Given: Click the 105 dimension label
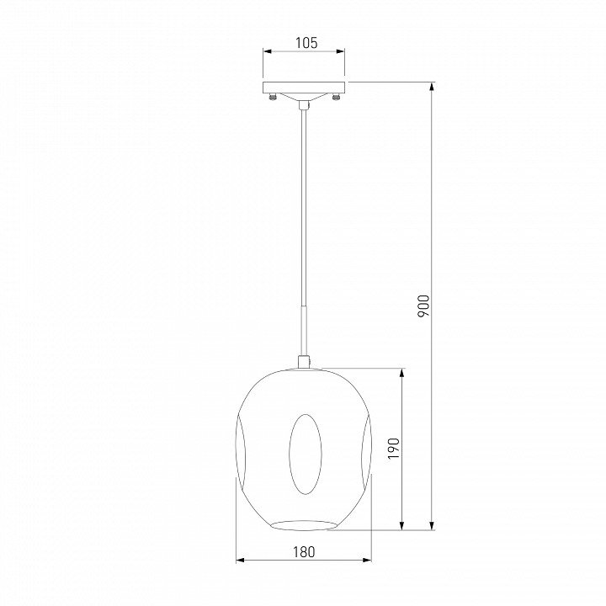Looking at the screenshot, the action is pyautogui.click(x=306, y=43).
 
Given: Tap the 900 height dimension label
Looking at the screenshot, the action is pyautogui.click(x=423, y=306).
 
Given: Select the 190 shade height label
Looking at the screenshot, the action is pyautogui.click(x=393, y=449).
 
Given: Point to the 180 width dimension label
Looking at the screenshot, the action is pyautogui.click(x=304, y=552).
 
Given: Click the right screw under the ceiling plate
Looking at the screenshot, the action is pyautogui.click(x=335, y=97).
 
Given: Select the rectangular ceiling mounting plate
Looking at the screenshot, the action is pyautogui.click(x=304, y=88).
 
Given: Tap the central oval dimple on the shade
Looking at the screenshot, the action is pyautogui.click(x=306, y=454).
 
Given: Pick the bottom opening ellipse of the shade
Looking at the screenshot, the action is pyautogui.click(x=304, y=525).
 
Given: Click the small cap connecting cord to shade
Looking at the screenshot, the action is pyautogui.click(x=304, y=362).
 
